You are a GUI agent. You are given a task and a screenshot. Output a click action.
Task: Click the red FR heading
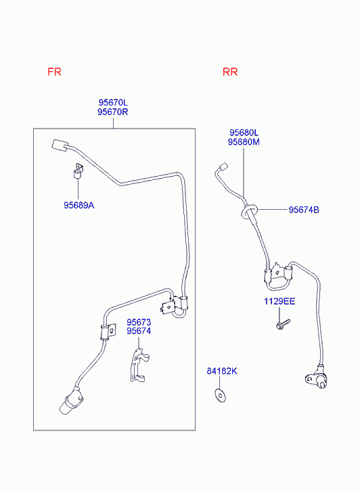click(x=54, y=72)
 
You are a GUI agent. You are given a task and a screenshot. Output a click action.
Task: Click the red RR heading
click(x=230, y=72)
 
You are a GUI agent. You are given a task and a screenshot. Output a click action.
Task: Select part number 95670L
click(x=113, y=103)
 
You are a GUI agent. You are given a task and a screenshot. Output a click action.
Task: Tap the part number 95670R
click(x=113, y=112)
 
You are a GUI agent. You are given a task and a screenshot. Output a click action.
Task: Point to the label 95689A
click(x=79, y=206)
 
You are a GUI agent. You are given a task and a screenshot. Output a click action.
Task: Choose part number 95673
click(x=139, y=322)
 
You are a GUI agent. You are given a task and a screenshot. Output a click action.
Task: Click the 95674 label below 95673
click(x=139, y=331)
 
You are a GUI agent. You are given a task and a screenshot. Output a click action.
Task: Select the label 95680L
click(x=244, y=133)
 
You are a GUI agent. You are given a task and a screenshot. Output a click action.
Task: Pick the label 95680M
click(x=244, y=142)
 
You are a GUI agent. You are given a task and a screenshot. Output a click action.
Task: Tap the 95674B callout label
click(x=304, y=210)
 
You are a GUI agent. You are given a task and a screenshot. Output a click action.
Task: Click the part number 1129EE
click(x=279, y=302)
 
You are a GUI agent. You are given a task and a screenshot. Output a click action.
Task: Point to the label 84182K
click(x=222, y=371)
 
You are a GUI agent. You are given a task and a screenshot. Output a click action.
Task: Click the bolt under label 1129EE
click(x=283, y=324)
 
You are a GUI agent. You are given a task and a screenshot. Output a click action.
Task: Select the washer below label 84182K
click(x=221, y=396)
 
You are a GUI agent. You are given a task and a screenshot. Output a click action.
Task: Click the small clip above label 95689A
click(x=78, y=171)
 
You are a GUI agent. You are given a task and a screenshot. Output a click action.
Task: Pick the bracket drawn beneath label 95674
click(x=139, y=365)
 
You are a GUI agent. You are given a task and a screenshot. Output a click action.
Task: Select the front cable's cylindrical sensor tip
click(x=70, y=402)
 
